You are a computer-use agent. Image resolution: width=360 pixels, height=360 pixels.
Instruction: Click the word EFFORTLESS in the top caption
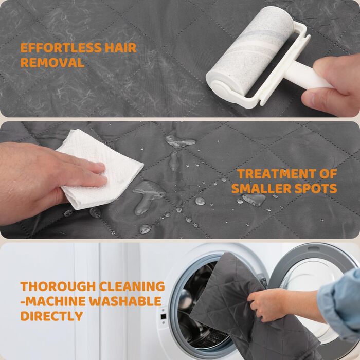point(61,48)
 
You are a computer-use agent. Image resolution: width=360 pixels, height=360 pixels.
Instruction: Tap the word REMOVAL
point(52,62)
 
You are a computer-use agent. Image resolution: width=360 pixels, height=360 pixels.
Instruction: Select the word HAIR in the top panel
point(121,48)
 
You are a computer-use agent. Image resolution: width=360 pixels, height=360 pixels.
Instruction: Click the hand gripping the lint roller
point(333,85)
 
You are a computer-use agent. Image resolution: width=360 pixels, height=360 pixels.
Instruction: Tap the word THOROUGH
point(58,286)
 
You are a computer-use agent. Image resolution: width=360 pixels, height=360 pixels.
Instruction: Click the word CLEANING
point(132,286)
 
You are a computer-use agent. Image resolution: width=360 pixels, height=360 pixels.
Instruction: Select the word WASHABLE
point(125,301)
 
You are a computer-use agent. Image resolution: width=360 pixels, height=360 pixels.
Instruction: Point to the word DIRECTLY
point(51,316)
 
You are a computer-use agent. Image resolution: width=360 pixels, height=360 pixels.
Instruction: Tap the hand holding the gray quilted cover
point(271,304)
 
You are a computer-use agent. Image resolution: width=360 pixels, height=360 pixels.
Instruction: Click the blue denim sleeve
point(340,303)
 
